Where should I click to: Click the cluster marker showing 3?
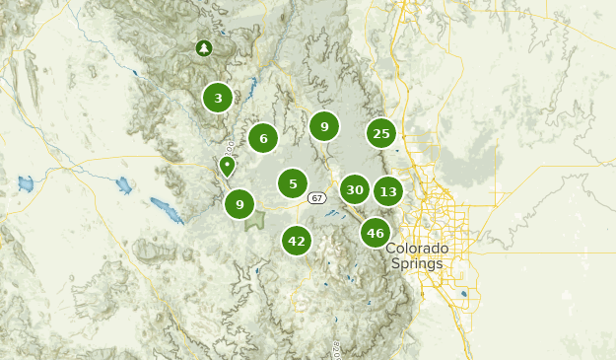pos(218,97)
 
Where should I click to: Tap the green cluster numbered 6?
pos(263,138)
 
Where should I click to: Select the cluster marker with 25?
pos(381,133)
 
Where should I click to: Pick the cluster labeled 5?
pos(293,182)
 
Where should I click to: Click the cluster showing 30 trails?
pos(355,189)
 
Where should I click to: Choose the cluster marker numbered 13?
pos(388,191)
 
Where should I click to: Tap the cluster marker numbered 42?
pos(297,240)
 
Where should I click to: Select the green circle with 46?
pos(375,233)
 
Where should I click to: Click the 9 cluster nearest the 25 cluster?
pos(324,125)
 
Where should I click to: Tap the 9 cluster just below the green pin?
pos(240,204)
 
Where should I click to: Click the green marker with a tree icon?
pos(203,47)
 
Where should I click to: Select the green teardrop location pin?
pos(228,166)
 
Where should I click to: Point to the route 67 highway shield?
pos(315,198)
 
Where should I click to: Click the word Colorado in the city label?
pos(417,249)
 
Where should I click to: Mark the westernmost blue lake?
pos(26,183)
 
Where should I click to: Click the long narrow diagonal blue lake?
pos(166,210)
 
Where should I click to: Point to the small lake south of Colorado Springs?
pos(464,293)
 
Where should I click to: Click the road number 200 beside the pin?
pos(229,149)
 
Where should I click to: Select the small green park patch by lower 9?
pos(255,221)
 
